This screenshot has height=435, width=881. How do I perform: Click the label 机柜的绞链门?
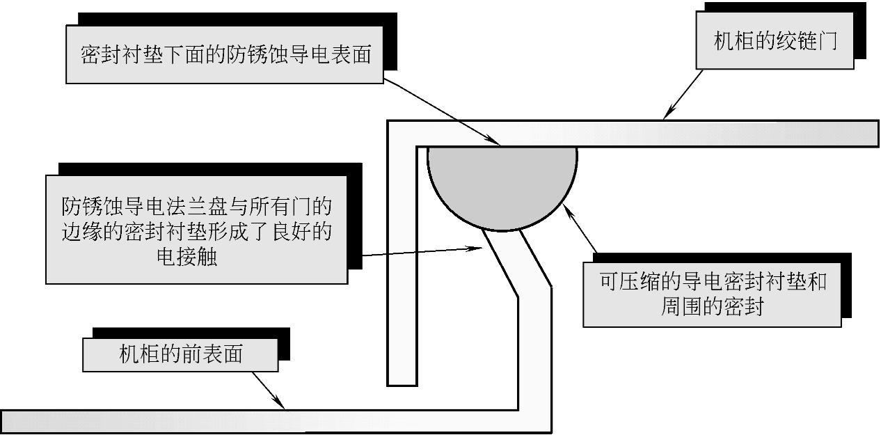[775, 41]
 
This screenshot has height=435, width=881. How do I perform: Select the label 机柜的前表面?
[180, 354]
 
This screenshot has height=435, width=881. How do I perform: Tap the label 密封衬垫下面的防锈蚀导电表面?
[225, 55]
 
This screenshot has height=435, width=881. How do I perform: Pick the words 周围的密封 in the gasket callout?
[711, 306]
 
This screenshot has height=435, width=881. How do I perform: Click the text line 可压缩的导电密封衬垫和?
[713, 282]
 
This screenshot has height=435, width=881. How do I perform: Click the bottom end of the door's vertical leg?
[402, 383]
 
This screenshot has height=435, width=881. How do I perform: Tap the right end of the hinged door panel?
[876, 133]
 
